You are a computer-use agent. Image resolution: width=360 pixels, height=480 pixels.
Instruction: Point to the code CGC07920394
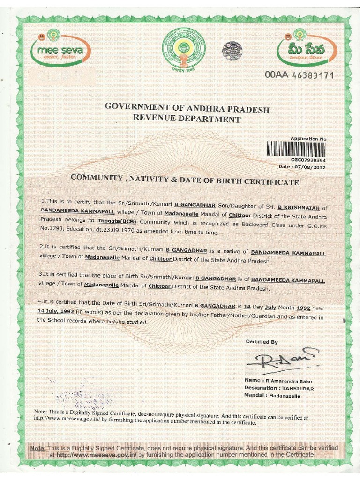tap(308, 160)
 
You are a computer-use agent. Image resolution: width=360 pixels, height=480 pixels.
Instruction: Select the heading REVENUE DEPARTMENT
tap(187, 119)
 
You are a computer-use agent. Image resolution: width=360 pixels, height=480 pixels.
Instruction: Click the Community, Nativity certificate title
tap(184, 180)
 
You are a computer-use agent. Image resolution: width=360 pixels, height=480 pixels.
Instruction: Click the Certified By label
tap(262, 342)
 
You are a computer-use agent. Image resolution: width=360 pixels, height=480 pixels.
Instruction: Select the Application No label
tap(308, 139)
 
